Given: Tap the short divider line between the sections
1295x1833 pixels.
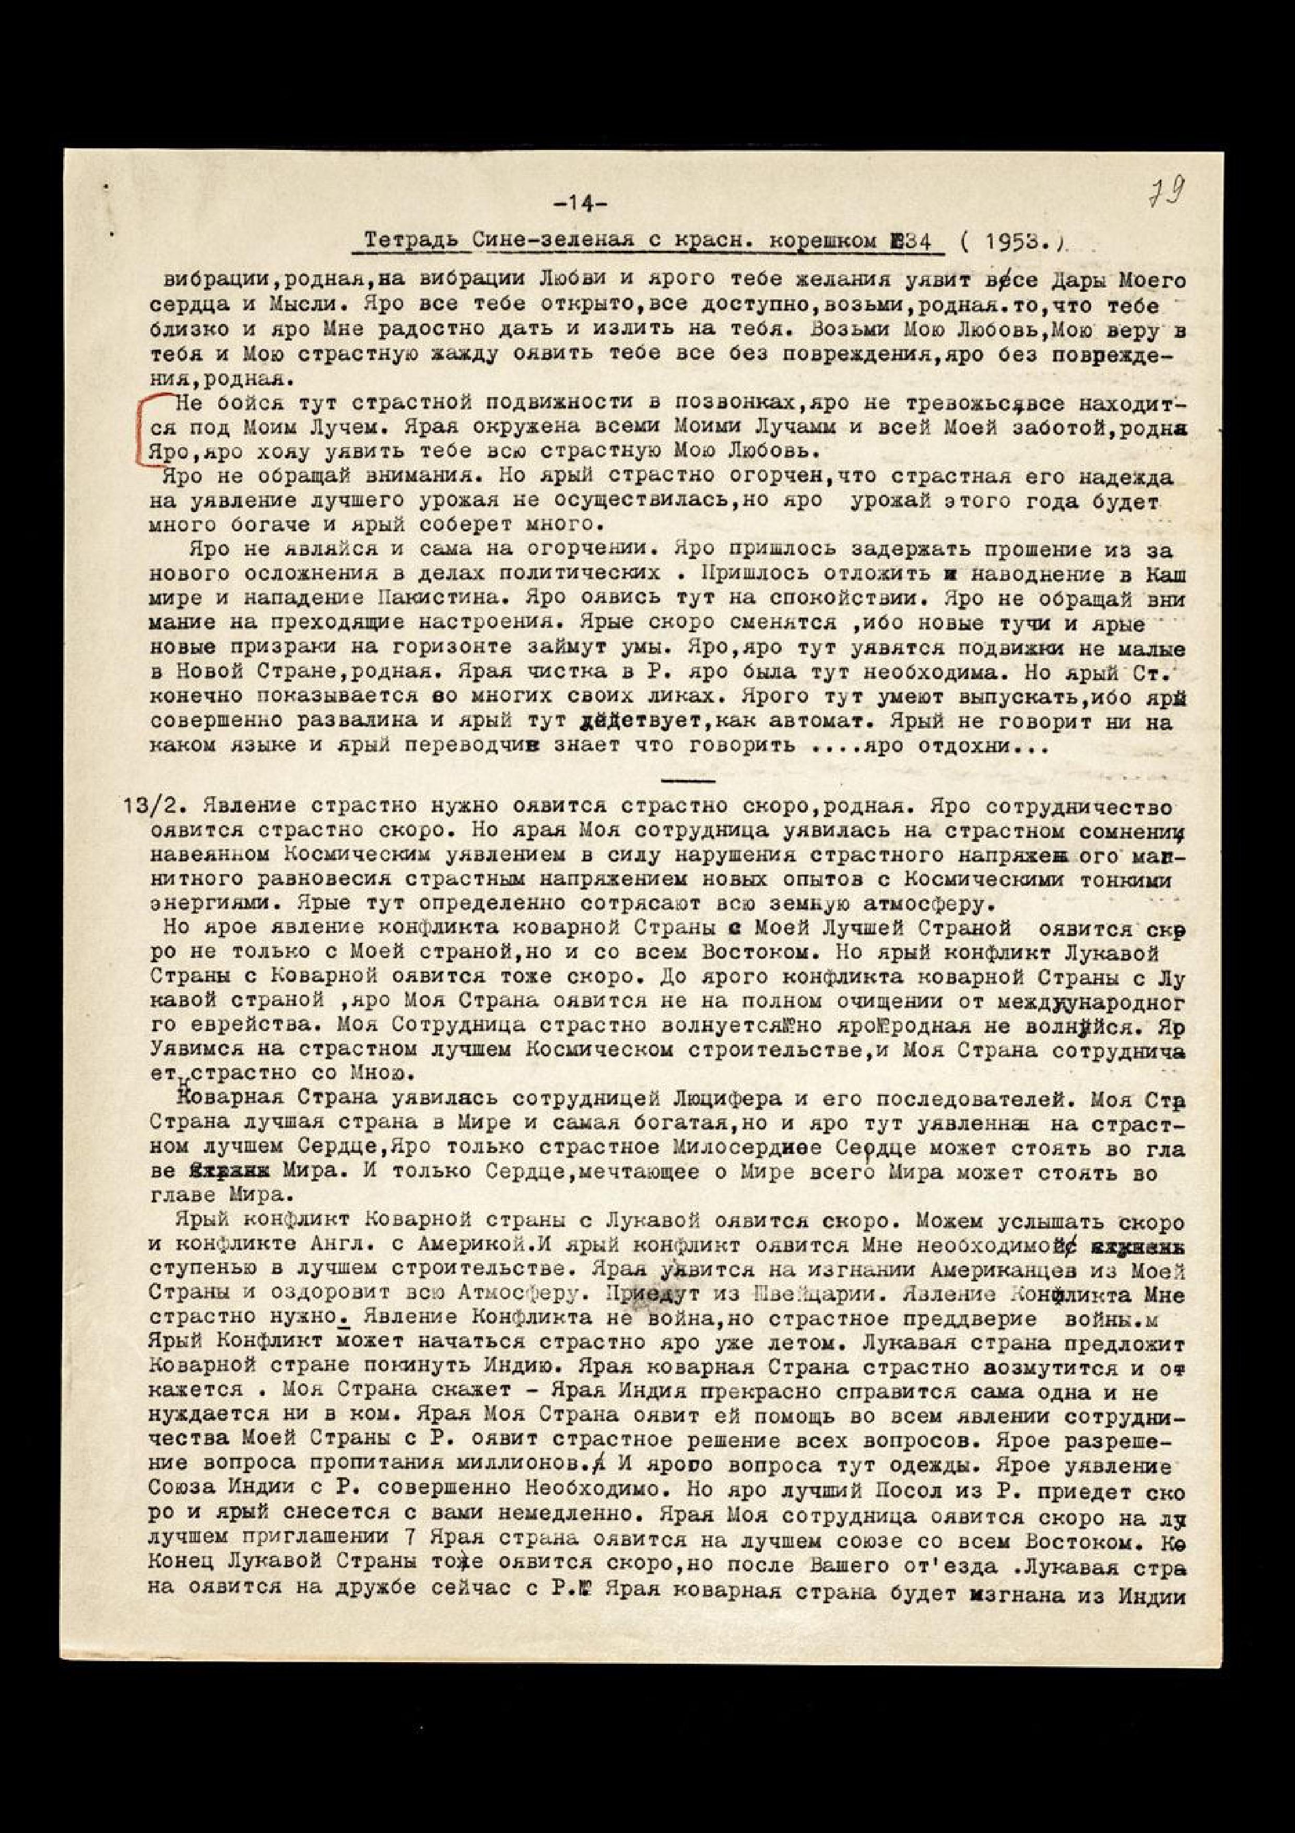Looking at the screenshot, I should (x=688, y=778).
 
